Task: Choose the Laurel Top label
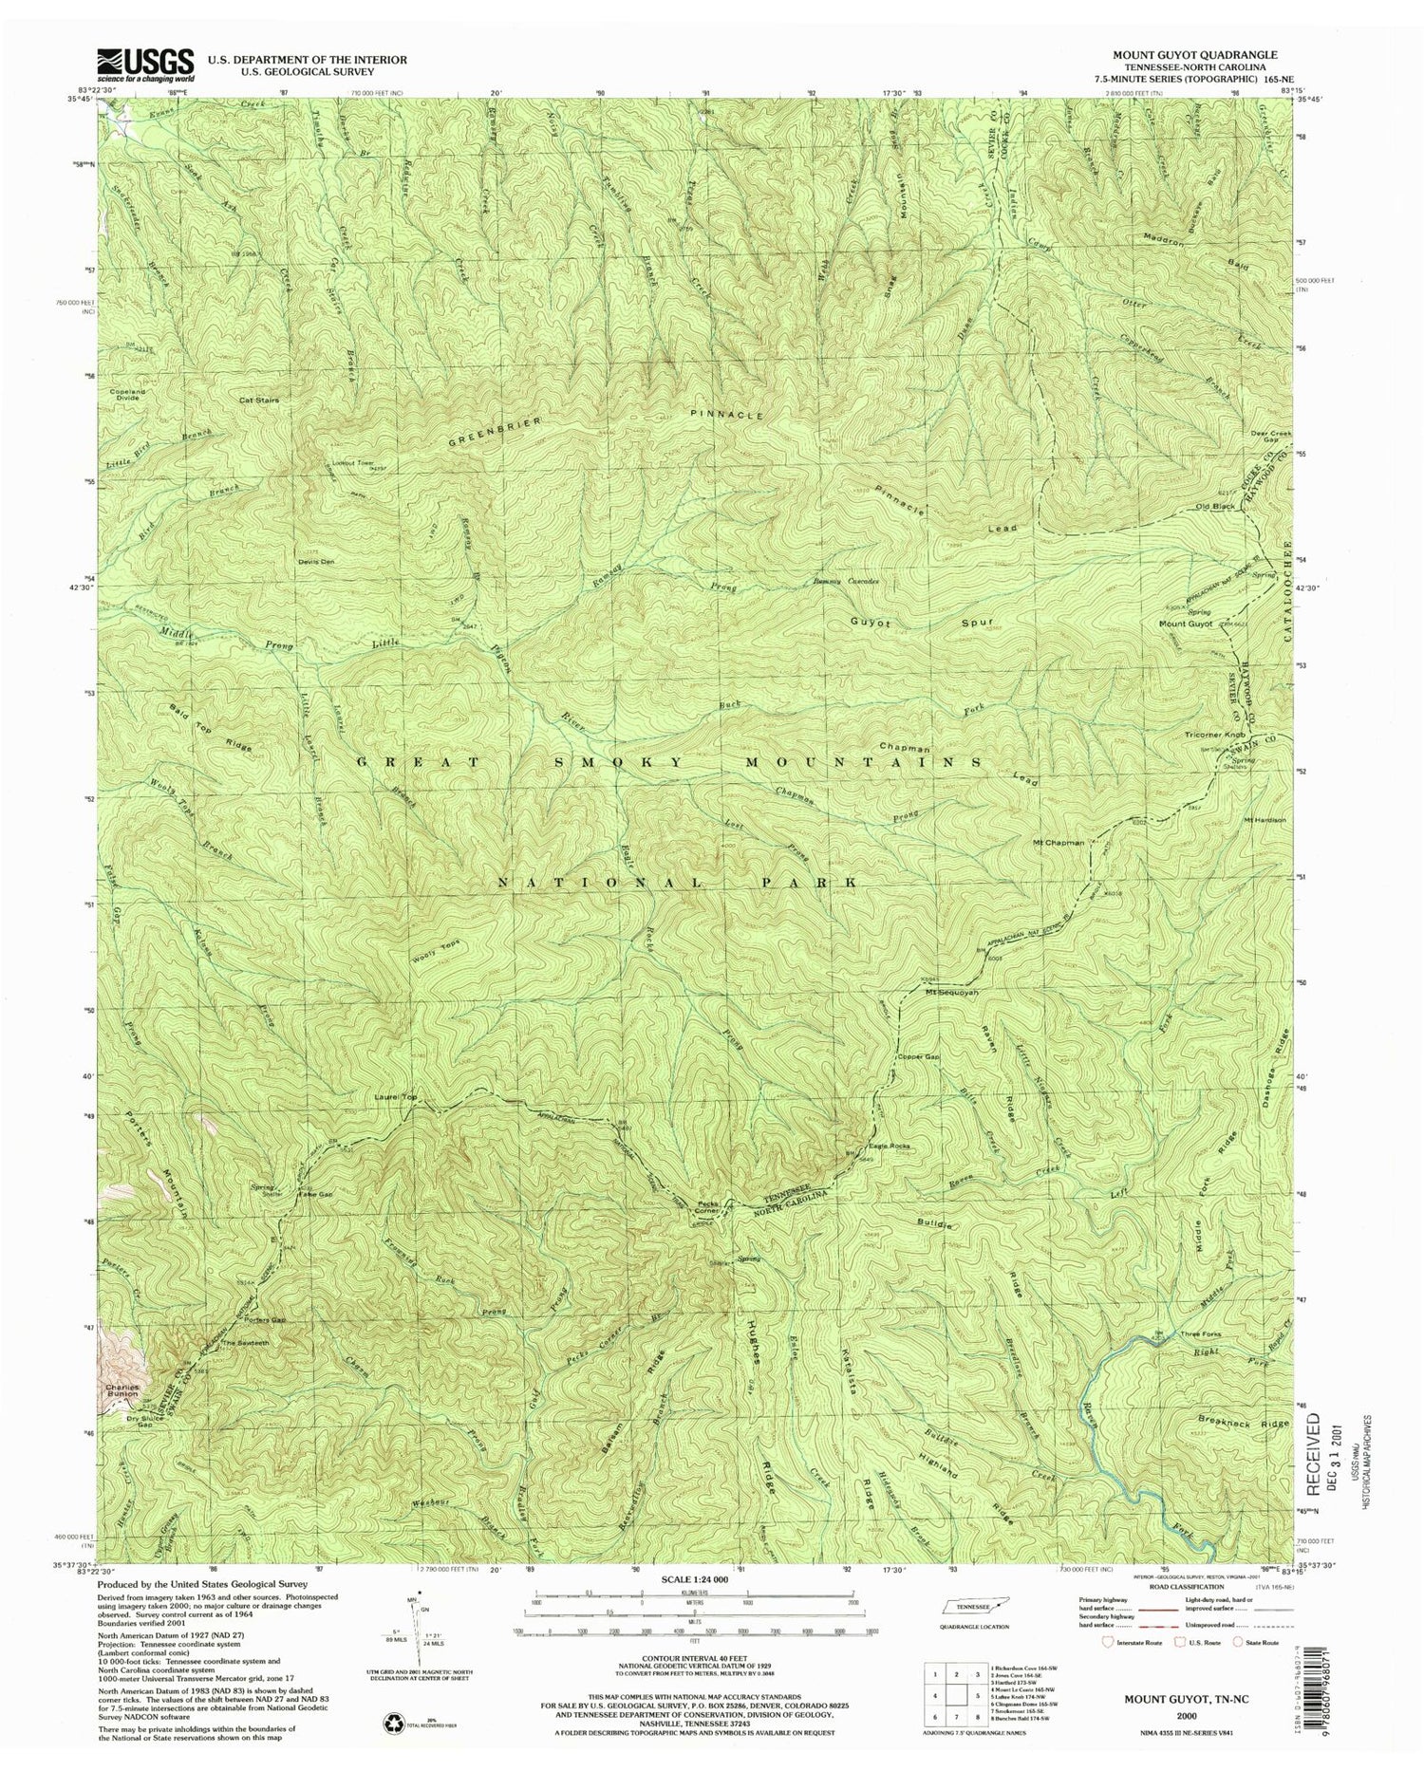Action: coord(398,1097)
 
